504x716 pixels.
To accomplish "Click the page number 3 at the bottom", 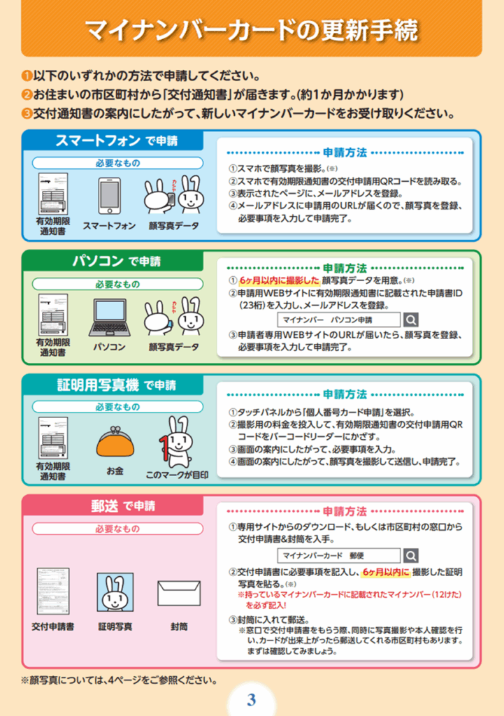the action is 251,699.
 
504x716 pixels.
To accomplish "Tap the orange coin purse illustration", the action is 115,442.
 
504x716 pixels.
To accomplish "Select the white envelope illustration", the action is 179,593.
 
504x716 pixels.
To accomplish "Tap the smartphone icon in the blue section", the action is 110,196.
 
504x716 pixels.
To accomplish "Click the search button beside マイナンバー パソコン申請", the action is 411,320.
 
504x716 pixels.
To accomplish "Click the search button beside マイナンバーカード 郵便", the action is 411,556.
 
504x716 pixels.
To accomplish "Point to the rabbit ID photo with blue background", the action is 115,592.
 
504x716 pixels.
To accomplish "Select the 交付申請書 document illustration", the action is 53,592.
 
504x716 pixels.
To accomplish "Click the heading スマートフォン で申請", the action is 117,140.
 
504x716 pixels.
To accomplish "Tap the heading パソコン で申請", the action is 117,261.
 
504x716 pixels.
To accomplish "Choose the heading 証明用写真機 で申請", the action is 117,385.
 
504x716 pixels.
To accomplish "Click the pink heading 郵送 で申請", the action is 123,506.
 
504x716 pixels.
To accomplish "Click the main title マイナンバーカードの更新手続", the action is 252,30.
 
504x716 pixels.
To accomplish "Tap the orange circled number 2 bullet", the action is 27,94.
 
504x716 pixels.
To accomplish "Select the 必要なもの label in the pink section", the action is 117,529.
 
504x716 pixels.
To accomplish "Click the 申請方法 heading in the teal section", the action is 345,394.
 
